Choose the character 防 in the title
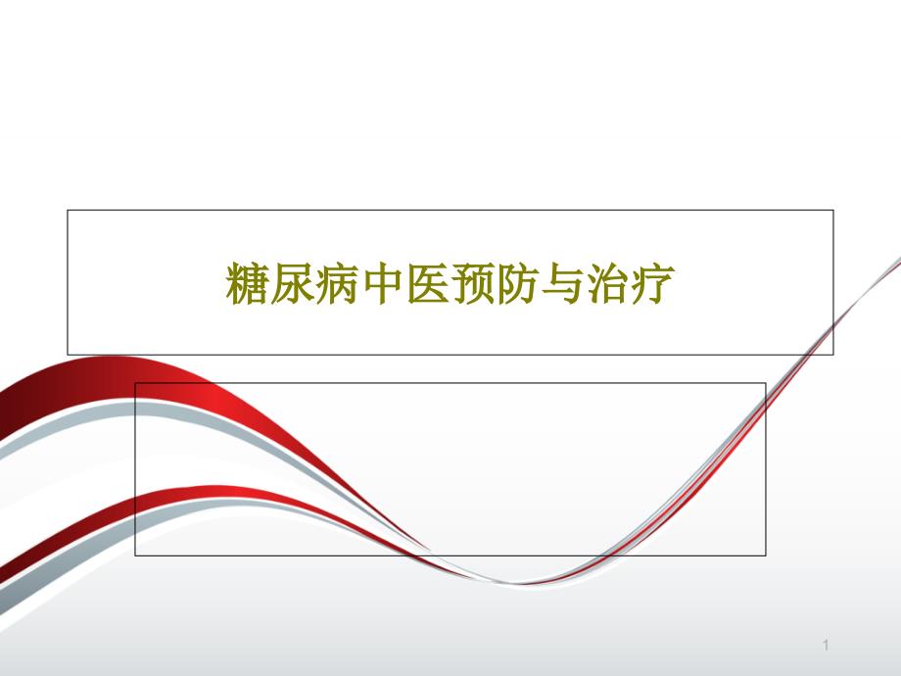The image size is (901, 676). click(518, 282)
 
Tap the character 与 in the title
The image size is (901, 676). click(563, 282)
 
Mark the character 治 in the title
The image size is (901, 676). click(608, 282)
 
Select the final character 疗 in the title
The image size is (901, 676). click(653, 282)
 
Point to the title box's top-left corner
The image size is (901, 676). click(68, 210)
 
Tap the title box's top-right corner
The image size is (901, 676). click(833, 210)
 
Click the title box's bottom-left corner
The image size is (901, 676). click(68, 354)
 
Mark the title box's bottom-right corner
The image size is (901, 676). click(833, 354)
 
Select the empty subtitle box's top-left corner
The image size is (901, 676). click(135, 383)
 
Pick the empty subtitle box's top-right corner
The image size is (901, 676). click(766, 383)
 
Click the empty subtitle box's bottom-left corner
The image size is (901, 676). click(135, 555)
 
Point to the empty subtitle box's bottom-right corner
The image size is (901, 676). click(766, 555)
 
